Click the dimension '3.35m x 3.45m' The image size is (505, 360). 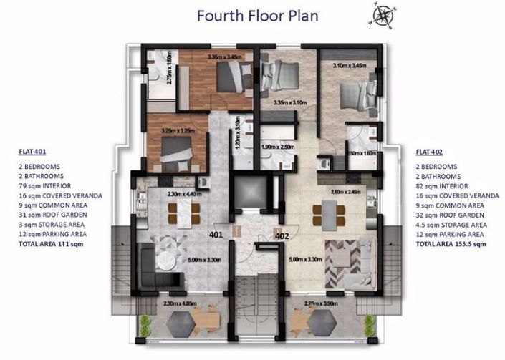[225, 57]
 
